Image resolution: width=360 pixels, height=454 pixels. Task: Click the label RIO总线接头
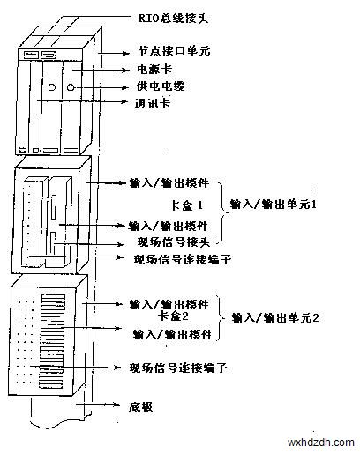(x=173, y=18)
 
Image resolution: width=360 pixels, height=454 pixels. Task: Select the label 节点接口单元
(x=175, y=51)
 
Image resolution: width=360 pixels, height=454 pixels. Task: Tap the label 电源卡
(x=154, y=70)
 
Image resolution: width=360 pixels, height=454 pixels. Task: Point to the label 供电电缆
(x=161, y=86)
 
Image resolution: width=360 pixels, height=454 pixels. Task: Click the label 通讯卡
(x=153, y=103)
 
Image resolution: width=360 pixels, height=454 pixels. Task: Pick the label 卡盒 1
(x=186, y=205)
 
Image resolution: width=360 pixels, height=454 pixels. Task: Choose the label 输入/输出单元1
(x=274, y=204)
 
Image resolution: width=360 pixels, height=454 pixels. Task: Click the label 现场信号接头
(x=174, y=242)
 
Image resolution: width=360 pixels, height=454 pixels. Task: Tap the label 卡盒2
(x=173, y=316)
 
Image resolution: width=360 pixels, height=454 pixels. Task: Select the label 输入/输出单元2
(x=275, y=317)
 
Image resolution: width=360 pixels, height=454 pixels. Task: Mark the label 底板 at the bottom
(x=141, y=407)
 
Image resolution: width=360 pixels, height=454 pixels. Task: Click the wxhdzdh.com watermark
(x=321, y=443)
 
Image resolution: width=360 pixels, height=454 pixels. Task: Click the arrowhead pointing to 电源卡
(x=126, y=70)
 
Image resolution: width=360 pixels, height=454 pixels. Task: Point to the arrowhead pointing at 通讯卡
(x=124, y=101)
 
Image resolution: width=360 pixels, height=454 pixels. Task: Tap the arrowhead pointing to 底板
(x=116, y=405)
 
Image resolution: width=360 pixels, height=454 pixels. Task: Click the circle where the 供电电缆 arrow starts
(x=71, y=87)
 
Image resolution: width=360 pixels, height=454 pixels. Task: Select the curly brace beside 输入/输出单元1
(x=223, y=212)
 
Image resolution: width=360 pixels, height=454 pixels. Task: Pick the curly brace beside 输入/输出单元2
(x=220, y=317)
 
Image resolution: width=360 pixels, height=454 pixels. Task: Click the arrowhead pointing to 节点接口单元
(x=126, y=53)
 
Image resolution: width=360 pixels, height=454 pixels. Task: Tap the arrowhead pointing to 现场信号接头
(x=120, y=244)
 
